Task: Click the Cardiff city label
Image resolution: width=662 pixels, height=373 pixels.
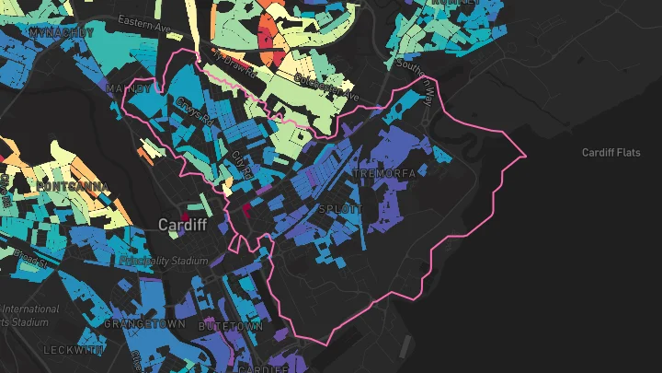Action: (x=182, y=225)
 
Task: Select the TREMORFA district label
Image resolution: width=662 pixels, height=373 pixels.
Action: (x=384, y=173)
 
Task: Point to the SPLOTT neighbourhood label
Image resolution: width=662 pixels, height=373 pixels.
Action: (x=340, y=210)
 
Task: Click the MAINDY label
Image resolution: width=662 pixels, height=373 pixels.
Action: (x=128, y=88)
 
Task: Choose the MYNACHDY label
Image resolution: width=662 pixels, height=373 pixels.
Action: (x=62, y=33)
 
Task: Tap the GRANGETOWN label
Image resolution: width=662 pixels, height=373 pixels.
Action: (x=144, y=324)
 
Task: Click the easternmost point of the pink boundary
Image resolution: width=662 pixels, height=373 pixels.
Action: (x=525, y=156)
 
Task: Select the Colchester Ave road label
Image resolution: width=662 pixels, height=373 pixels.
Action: (x=325, y=89)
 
